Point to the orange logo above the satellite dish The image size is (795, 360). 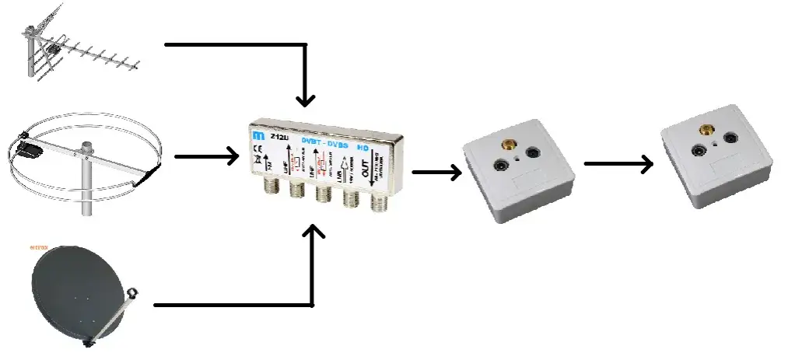click(39, 247)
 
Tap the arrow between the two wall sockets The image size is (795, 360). click(618, 163)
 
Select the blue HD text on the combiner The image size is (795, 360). click(362, 145)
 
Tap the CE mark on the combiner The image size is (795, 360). click(258, 152)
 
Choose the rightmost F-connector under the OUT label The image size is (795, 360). click(379, 204)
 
